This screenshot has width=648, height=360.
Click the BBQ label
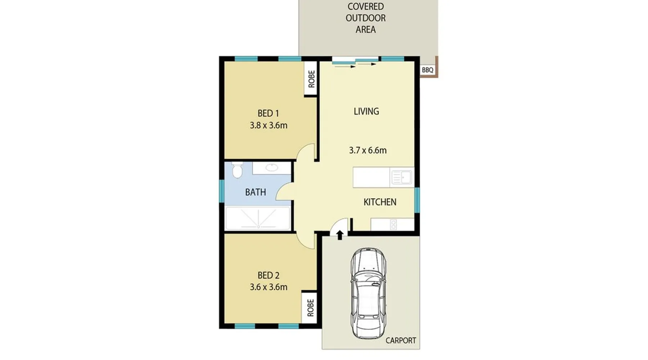coord(428,70)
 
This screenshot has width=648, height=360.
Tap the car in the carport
coord(368,293)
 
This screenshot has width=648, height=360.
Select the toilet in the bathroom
coord(237,170)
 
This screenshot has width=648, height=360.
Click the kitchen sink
coord(401,177)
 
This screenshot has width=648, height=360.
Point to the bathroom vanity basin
coord(272,167)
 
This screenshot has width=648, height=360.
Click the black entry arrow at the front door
coord(339,235)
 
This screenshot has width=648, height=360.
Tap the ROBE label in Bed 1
coord(311,79)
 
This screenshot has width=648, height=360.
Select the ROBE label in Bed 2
coord(310,308)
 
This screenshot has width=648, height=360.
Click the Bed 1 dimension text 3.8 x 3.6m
coord(269,125)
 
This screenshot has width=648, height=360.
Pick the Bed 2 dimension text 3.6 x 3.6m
coord(269,287)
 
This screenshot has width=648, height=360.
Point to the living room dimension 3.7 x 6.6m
coord(368,150)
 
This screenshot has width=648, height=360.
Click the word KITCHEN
coord(380,202)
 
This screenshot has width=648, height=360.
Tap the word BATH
coord(256,192)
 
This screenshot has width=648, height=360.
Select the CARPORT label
coord(401,340)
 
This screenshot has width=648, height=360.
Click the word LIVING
coord(366,111)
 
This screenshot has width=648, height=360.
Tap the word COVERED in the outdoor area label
coord(365,6)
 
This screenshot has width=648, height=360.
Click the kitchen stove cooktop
coord(393,225)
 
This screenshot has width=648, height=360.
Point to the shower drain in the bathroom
coord(258,227)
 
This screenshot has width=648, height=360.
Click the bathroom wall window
coord(222,191)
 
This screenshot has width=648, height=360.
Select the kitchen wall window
coord(417,200)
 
